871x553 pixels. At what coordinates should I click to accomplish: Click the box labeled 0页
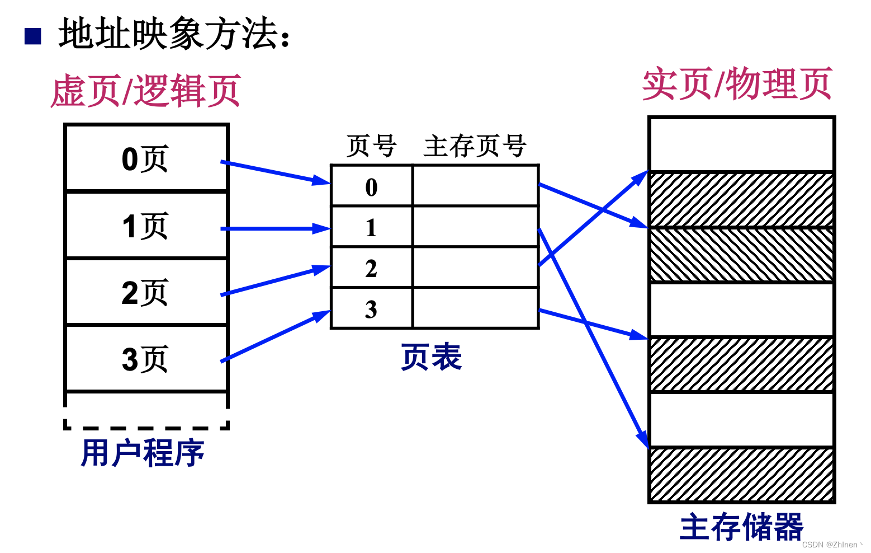click(x=146, y=158)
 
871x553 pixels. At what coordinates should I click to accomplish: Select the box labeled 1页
click(x=146, y=226)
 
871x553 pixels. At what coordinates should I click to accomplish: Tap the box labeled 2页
click(x=146, y=292)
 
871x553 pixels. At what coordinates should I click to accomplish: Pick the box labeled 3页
click(x=146, y=359)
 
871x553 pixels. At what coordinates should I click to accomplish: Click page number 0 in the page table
click(x=371, y=187)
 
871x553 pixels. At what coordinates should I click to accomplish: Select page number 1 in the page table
click(x=371, y=227)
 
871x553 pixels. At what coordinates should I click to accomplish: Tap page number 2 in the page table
click(x=371, y=268)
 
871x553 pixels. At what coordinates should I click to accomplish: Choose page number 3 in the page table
click(x=371, y=309)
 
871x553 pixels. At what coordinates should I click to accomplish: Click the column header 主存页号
click(x=475, y=146)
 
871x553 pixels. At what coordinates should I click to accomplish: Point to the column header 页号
click(x=371, y=146)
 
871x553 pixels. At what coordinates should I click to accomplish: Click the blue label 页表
click(x=431, y=357)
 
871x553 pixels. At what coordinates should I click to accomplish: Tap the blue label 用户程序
click(x=143, y=452)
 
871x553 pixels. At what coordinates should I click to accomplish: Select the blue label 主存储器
click(x=741, y=527)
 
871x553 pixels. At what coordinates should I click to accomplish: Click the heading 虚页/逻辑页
click(x=146, y=91)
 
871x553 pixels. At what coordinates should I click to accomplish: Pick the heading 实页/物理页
click(x=737, y=84)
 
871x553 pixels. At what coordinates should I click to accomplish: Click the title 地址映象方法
click(x=173, y=34)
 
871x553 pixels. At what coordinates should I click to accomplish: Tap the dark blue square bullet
click(x=33, y=36)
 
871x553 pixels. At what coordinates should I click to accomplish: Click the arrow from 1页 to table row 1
click(x=274, y=228)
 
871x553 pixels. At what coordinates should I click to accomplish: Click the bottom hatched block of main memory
click(x=741, y=475)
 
